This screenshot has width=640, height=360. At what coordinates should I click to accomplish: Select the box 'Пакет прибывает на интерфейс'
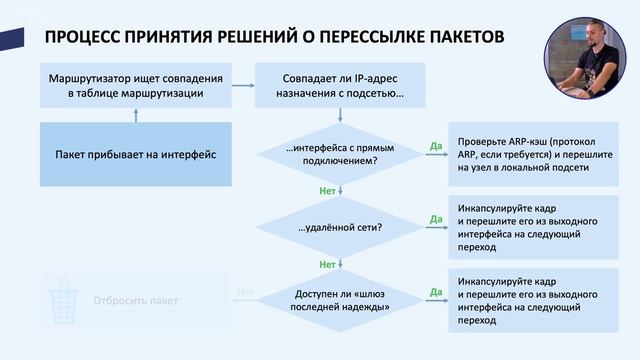[x=136, y=155]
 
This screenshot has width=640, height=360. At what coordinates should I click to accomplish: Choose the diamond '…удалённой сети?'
[x=340, y=227]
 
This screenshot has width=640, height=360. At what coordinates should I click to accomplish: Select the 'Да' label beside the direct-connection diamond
[x=435, y=146]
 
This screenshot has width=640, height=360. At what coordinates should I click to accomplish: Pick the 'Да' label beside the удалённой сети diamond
[x=435, y=218]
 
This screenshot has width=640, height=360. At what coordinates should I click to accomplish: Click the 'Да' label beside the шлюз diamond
[x=435, y=292]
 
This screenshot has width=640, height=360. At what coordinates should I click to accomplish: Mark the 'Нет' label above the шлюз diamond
[x=327, y=265]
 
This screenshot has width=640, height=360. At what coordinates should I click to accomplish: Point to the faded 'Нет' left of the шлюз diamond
[x=245, y=292]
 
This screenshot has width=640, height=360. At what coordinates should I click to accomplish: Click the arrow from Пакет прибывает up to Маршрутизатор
[x=136, y=115]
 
